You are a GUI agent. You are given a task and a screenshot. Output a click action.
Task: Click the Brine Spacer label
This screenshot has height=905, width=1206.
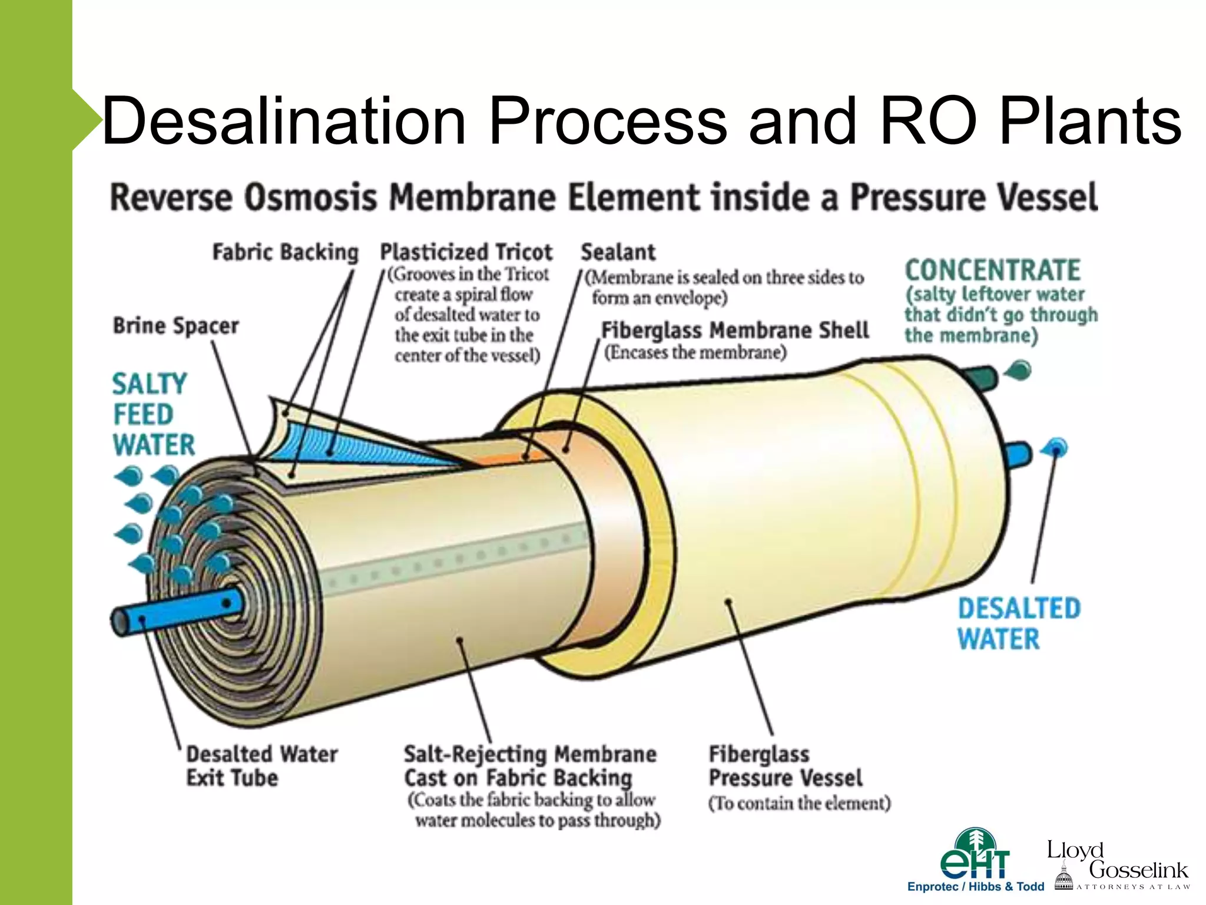pyautogui.click(x=175, y=326)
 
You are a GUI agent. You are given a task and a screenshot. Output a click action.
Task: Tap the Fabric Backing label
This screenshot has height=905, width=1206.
pyautogui.click(x=285, y=252)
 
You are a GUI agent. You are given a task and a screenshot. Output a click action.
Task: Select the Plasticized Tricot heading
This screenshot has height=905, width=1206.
pyautogui.click(x=466, y=252)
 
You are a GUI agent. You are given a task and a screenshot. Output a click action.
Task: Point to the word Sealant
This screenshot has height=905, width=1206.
pyautogui.click(x=618, y=252)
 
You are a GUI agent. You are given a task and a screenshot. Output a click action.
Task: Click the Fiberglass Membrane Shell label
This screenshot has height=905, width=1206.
pyautogui.click(x=734, y=331)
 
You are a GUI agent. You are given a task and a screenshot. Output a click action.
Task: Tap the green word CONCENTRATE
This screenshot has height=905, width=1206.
pyautogui.click(x=992, y=270)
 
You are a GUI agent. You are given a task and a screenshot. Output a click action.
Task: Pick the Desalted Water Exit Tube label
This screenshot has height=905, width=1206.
pyautogui.click(x=261, y=765)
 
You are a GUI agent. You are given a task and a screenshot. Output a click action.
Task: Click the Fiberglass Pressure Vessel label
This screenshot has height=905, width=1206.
pyautogui.click(x=784, y=766)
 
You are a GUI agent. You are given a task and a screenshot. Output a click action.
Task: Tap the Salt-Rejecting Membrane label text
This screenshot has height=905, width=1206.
pyautogui.click(x=529, y=766)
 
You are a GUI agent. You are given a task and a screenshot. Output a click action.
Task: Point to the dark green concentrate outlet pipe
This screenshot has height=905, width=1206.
pyautogui.click(x=980, y=377)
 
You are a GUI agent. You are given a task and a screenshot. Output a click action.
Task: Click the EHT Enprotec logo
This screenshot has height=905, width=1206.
pyautogui.click(x=975, y=860)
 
